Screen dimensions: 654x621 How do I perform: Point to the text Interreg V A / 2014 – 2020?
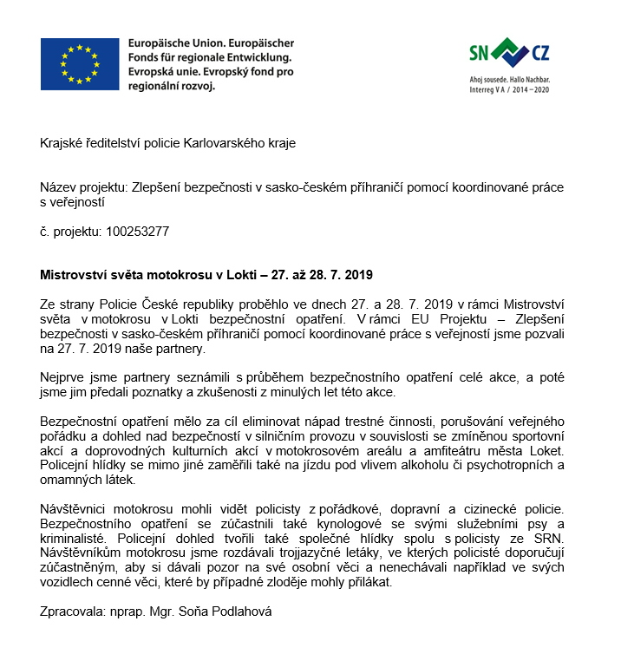[508, 89]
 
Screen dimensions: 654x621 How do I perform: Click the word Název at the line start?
[59, 186]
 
